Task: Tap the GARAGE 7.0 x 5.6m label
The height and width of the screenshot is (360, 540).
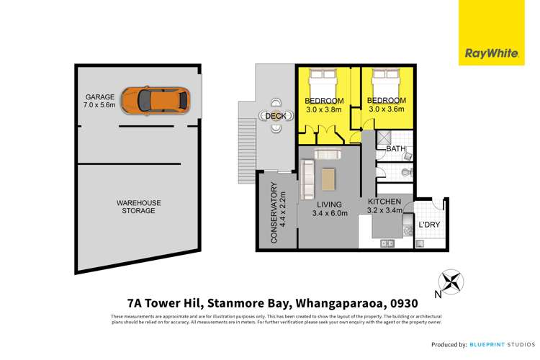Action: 101,102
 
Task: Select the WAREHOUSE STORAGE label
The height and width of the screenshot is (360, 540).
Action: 136,207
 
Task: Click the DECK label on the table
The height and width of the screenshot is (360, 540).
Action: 276,116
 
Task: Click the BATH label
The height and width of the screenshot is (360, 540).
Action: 396,149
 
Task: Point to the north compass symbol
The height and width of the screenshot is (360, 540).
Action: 451,282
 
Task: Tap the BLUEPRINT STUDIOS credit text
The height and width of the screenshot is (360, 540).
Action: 498,344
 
